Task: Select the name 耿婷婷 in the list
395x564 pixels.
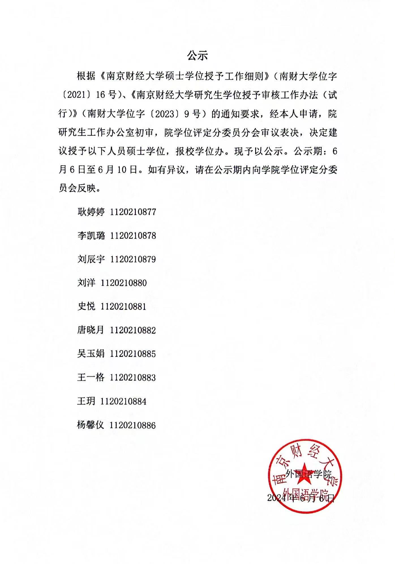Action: coord(91,212)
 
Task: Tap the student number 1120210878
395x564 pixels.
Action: coord(133,236)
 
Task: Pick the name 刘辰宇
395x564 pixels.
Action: coord(91,259)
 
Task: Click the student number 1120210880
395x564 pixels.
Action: coord(124,283)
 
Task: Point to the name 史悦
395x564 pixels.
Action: coord(86,306)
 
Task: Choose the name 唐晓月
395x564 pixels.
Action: coord(91,330)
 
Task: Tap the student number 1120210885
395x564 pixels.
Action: coord(133,354)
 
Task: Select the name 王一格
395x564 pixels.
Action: coord(91,377)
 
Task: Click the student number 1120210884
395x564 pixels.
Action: coord(124,401)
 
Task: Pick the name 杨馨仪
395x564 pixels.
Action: coord(91,425)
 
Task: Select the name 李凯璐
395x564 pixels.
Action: coord(91,236)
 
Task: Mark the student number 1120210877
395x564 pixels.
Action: coord(133,212)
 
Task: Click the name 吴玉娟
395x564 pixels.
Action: coord(91,354)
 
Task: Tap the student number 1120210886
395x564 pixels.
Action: coord(133,425)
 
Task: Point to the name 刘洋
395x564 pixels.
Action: coord(86,283)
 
